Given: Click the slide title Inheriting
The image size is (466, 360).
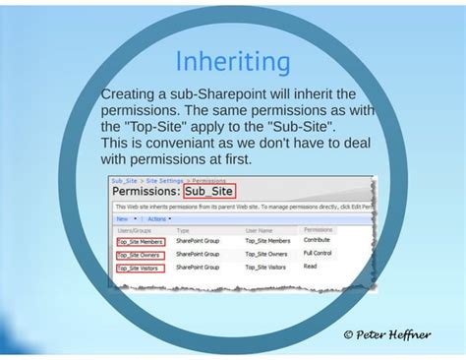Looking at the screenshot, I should (233, 62).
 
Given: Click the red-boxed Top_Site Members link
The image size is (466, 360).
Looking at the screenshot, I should (141, 240).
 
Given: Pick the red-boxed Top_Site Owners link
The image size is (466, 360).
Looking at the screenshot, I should (140, 254).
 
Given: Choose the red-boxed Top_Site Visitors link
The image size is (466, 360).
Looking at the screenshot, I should (140, 268).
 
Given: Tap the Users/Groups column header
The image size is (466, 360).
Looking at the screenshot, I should (132, 229).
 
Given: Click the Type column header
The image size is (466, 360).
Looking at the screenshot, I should (183, 229).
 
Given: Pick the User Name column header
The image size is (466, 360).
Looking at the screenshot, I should (258, 229).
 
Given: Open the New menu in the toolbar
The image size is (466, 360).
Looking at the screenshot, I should (121, 218).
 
